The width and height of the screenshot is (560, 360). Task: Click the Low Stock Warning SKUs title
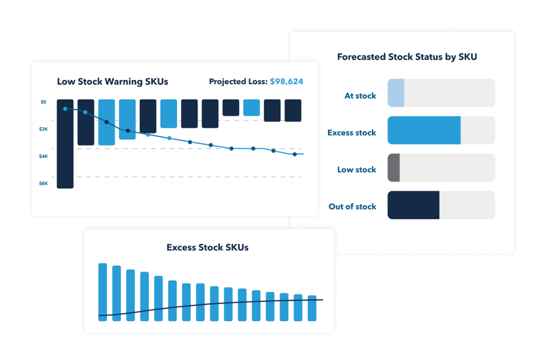click(112, 81)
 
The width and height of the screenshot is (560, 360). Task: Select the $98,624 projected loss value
click(286, 81)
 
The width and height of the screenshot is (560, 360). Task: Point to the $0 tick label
click(44, 102)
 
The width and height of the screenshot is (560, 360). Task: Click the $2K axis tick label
click(44, 129)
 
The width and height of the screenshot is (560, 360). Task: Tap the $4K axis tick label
click(44, 157)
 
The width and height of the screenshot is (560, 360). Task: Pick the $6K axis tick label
click(44, 184)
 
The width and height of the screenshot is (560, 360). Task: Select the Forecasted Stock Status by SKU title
click(407, 57)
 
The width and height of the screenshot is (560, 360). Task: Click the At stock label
click(360, 96)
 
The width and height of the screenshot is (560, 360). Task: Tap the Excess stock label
click(351, 133)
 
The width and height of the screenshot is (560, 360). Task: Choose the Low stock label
click(357, 169)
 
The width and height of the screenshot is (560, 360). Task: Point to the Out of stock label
click(352, 207)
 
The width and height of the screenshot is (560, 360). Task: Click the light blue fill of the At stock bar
click(396, 93)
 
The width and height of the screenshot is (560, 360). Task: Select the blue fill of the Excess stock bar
click(424, 130)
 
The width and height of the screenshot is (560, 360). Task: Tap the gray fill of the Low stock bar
click(393, 168)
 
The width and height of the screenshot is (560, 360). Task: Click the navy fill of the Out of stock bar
click(413, 205)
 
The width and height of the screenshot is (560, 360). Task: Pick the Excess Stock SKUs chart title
click(207, 247)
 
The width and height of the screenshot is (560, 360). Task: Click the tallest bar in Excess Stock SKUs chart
click(102, 292)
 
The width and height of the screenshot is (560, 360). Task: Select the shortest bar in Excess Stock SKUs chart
click(312, 308)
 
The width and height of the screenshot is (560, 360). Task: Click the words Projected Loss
click(238, 82)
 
